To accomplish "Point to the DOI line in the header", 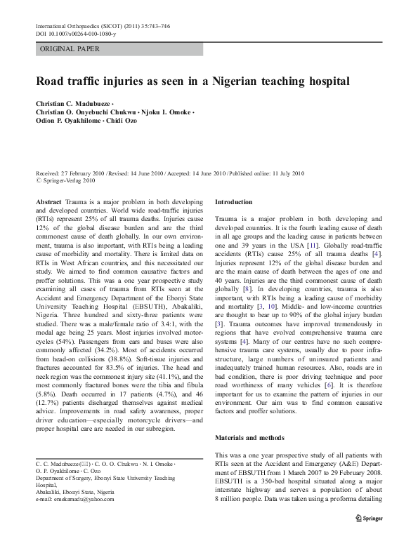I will pos(77,32).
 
